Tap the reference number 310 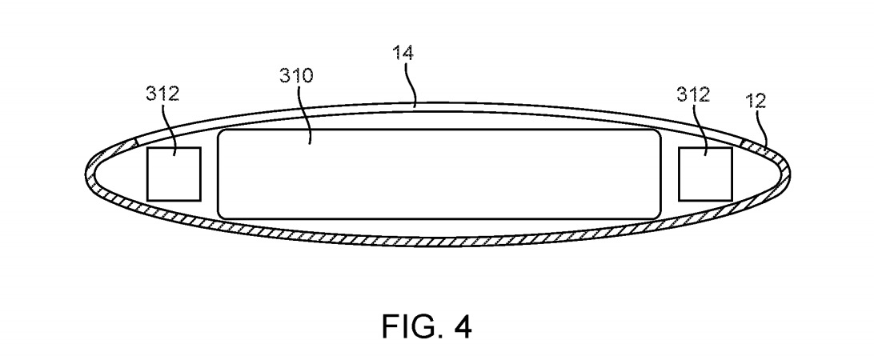296,77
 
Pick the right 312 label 693,95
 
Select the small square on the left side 173,174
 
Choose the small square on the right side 704,174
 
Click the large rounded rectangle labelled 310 439,173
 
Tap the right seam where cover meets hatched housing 741,142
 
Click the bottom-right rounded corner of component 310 655,212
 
